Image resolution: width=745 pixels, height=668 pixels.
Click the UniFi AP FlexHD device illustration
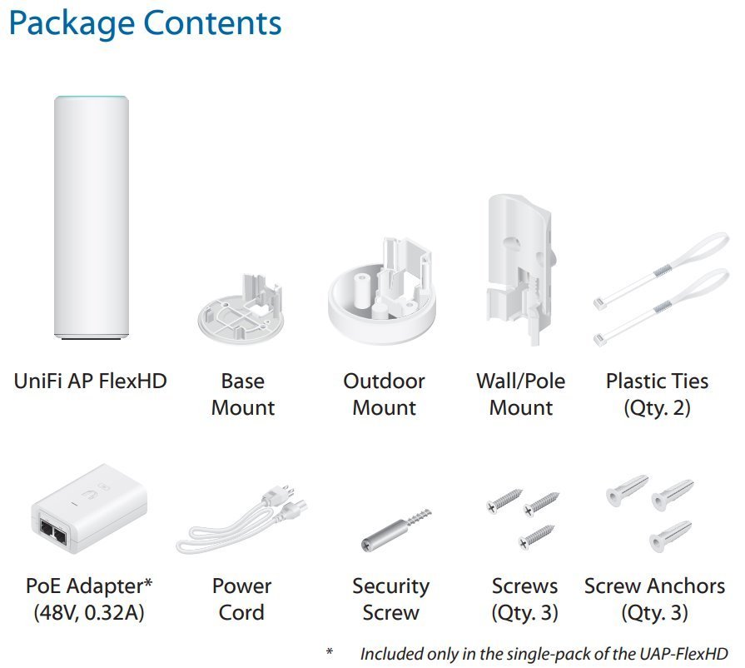pos(92,217)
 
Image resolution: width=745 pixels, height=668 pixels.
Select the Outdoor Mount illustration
pos(381,292)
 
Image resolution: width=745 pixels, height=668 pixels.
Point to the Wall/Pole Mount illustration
pos(519,269)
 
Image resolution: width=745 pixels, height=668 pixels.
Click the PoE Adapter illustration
pos(89,509)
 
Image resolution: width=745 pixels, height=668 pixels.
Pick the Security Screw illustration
pos(395,530)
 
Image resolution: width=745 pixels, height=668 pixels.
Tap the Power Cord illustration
pos(241,520)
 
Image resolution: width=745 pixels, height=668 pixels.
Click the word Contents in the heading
pos(212,22)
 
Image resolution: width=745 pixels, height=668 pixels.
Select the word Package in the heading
pos(72,24)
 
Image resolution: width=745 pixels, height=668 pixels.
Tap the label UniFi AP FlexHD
pos(90,381)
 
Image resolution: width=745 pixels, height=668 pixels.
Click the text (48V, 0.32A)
pos(89,613)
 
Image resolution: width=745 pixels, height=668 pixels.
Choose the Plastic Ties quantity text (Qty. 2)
pos(657,408)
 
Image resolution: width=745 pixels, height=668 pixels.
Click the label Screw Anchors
pos(655,586)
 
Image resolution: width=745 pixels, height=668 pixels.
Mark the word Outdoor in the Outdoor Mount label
pos(384,381)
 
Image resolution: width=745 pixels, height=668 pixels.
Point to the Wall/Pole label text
pos(521,381)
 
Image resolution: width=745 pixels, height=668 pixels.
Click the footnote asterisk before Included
pos(330,652)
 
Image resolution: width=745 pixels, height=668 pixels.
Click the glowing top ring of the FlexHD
pos(92,98)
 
